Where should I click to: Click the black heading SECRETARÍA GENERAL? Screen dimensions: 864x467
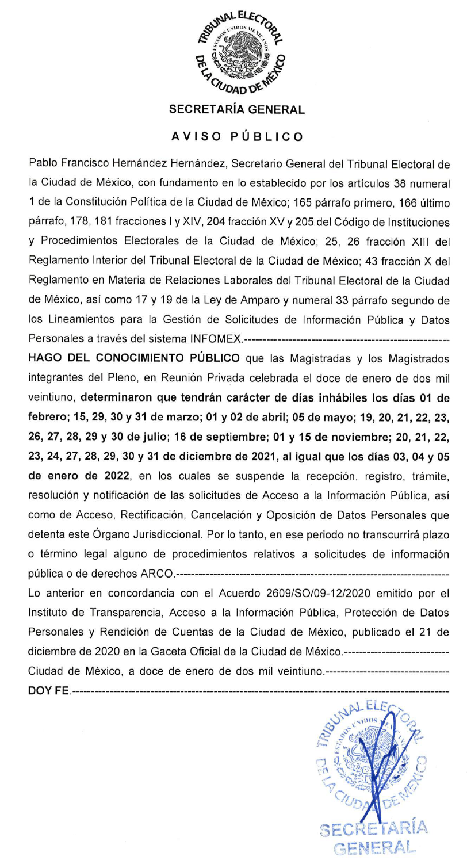click(237, 110)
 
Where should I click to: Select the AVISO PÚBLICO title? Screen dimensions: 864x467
click(237, 137)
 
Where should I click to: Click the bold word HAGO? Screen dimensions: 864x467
click(47, 358)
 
